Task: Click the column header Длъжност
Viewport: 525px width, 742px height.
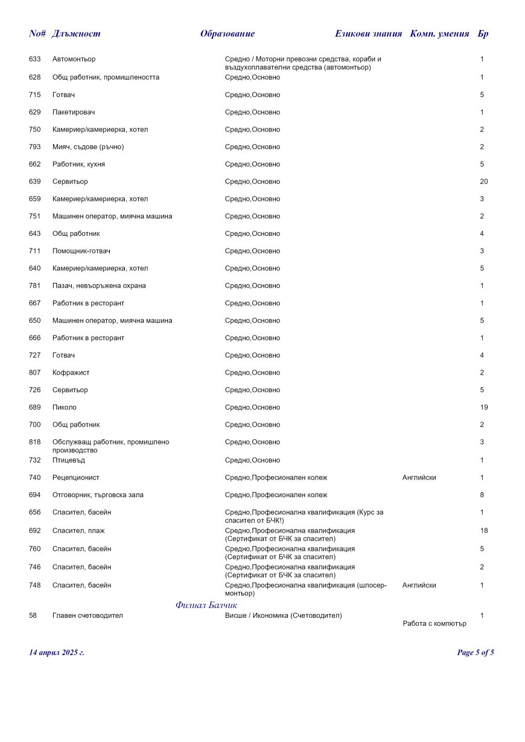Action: (x=76, y=34)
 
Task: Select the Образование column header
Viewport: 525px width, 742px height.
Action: (x=227, y=34)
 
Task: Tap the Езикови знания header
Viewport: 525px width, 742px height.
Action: (x=368, y=34)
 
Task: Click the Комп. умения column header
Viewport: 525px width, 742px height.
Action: (x=439, y=34)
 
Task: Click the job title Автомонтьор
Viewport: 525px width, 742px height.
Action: (x=74, y=59)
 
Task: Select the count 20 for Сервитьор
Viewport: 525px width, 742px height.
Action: (x=483, y=182)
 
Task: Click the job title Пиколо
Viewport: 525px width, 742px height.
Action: (x=65, y=407)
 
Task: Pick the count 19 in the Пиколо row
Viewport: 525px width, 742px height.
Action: (x=483, y=407)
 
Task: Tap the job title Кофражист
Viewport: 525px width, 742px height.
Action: (x=71, y=373)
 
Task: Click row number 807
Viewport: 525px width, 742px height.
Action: (x=34, y=373)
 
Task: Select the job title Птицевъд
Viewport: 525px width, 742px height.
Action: (x=69, y=460)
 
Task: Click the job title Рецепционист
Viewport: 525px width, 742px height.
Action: (x=76, y=478)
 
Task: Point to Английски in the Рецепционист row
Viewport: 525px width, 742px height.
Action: (x=419, y=478)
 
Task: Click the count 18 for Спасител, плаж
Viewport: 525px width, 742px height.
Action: (x=483, y=531)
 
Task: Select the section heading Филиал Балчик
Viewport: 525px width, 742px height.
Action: (x=206, y=605)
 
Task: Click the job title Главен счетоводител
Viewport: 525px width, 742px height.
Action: (x=87, y=615)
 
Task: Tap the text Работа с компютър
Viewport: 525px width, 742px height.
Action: (x=434, y=624)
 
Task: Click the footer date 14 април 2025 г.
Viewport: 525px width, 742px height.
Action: (x=57, y=652)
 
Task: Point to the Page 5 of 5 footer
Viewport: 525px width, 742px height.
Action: (x=476, y=652)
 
